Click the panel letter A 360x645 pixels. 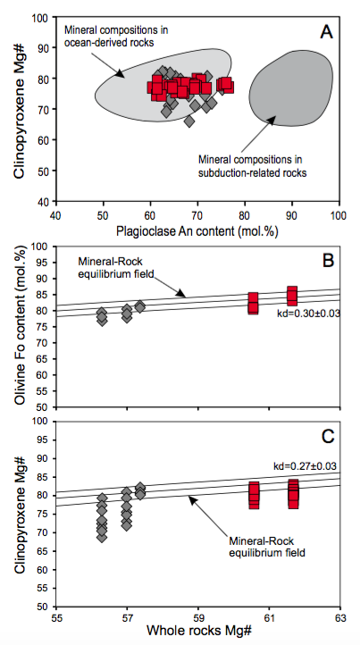point(326,31)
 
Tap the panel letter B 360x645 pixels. point(328,260)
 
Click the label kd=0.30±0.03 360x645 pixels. point(308,314)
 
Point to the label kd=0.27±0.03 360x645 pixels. point(306,466)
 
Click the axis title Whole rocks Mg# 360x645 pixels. point(198,630)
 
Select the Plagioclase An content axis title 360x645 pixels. point(197,231)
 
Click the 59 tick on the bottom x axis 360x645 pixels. point(198,617)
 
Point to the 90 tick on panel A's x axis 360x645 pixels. point(292,215)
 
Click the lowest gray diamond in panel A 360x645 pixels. point(189,121)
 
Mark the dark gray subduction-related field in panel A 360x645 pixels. point(290,88)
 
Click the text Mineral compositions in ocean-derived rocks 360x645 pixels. point(116,36)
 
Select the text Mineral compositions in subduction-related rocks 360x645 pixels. point(253,166)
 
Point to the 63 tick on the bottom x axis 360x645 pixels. point(340,617)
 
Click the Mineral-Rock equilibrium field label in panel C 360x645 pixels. point(267,546)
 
